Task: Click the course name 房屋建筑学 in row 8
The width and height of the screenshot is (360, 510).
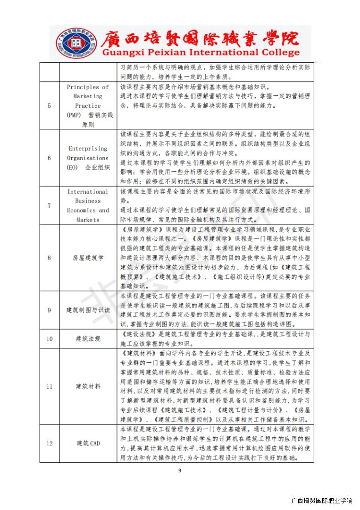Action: click(x=88, y=258)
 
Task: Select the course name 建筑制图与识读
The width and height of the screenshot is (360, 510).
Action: click(x=88, y=310)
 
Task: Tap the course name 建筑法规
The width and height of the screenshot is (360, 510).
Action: click(x=88, y=339)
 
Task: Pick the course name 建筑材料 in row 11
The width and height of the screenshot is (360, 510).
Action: click(x=88, y=386)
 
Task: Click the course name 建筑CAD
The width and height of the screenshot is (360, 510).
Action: click(x=88, y=443)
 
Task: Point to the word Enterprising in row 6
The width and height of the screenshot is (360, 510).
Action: click(x=88, y=148)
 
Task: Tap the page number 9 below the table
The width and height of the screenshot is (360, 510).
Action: click(x=180, y=470)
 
